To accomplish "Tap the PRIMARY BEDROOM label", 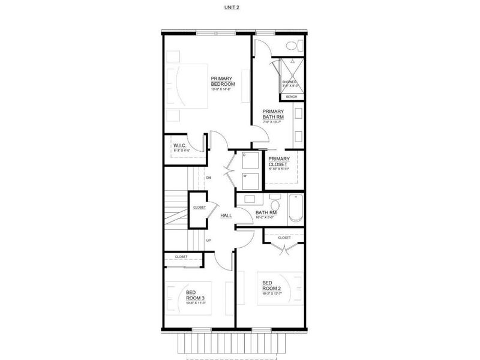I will [222, 81].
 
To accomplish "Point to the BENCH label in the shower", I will [292, 97].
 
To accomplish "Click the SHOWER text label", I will [289, 82].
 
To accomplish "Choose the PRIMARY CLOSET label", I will [279, 161].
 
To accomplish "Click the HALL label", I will [226, 215].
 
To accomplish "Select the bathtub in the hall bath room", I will [296, 209].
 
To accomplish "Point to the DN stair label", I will [208, 178].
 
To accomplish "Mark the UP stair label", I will [208, 240].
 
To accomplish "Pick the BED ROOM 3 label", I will [194, 295].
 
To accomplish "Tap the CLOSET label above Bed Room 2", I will [284, 238].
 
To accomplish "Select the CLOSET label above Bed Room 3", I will [181, 257].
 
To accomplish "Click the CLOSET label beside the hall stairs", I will [199, 208].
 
